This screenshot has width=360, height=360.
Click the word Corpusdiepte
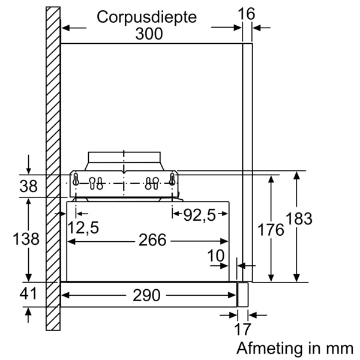click(x=146, y=17)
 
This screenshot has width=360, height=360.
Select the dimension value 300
click(x=148, y=34)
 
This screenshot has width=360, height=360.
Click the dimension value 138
click(x=26, y=239)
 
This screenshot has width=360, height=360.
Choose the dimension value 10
click(x=216, y=256)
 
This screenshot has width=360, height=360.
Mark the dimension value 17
click(x=242, y=329)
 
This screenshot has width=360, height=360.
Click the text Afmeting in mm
click(x=295, y=347)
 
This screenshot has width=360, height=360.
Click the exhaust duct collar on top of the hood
click(x=125, y=160)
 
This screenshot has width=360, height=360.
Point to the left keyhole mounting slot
click(x=76, y=179)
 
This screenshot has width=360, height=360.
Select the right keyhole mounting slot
click(x=172, y=179)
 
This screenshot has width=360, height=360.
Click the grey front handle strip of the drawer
click(x=242, y=295)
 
